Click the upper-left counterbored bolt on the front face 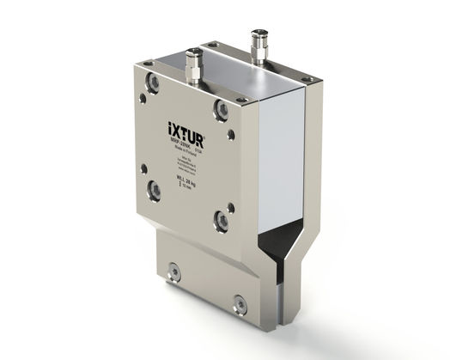pyautogui.click(x=154, y=84)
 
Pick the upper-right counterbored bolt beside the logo pyautogui.click(x=221, y=109)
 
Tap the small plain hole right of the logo pyautogui.click(x=229, y=134)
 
